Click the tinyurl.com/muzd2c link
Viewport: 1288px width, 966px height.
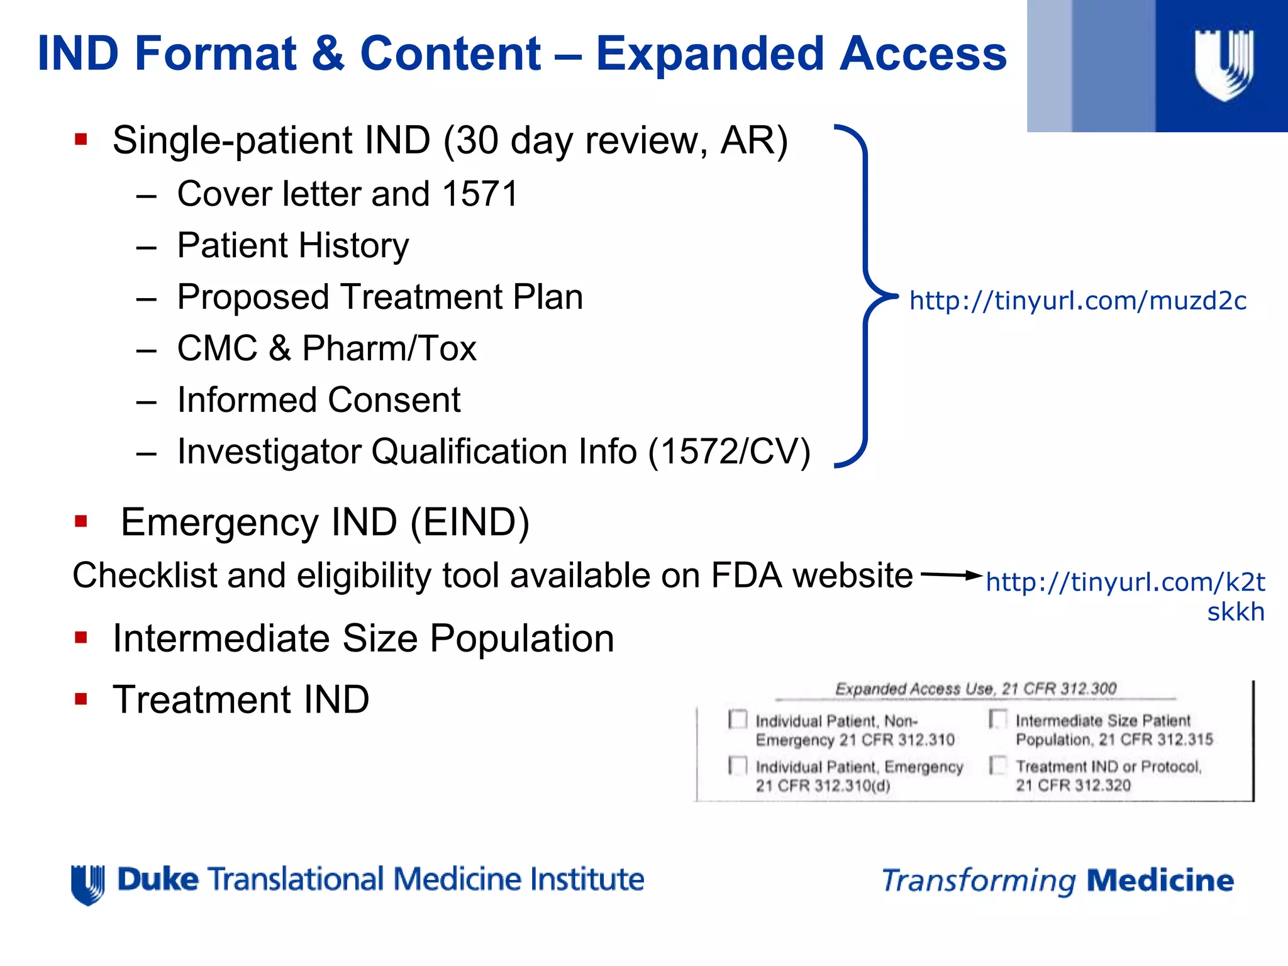(x=1077, y=301)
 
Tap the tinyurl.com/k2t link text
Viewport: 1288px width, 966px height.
(x=1125, y=582)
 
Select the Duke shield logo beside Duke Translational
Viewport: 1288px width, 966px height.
(x=88, y=884)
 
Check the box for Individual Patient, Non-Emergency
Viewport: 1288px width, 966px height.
(x=738, y=719)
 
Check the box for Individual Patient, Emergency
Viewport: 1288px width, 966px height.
(x=738, y=765)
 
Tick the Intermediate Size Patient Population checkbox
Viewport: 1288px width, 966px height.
(x=998, y=719)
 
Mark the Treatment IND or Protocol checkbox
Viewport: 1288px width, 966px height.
(x=998, y=765)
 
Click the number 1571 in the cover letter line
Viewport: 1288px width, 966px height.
(x=480, y=194)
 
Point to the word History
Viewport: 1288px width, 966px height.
(x=352, y=245)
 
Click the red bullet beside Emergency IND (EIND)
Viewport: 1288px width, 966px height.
(x=80, y=521)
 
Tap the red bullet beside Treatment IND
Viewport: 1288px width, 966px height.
(x=80, y=699)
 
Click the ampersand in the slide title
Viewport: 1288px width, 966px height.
(x=327, y=53)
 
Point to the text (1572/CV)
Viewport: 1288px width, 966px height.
(x=729, y=452)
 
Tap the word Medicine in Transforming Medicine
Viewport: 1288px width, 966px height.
(x=1160, y=880)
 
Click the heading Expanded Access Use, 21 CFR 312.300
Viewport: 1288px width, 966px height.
(x=975, y=689)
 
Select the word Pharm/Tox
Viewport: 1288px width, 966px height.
(x=389, y=348)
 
